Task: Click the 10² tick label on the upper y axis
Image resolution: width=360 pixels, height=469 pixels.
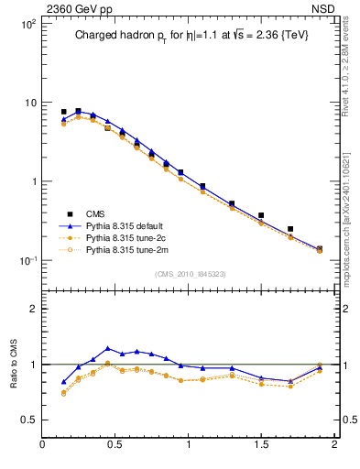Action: coord(28,24)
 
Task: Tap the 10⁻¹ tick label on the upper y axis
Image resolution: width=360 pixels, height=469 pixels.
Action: coord(28,261)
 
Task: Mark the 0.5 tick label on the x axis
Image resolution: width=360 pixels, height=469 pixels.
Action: coord(115,444)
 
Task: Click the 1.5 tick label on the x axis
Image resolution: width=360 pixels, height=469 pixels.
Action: coord(261,444)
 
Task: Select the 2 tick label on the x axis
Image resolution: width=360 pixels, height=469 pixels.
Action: coord(334,444)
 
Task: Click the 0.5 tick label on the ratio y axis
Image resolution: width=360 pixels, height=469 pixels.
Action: coord(30,420)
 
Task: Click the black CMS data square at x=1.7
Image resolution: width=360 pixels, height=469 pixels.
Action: coord(290,229)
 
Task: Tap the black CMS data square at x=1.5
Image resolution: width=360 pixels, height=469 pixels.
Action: coord(261,215)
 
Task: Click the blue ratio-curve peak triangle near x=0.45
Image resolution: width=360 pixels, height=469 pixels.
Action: coord(108,348)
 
